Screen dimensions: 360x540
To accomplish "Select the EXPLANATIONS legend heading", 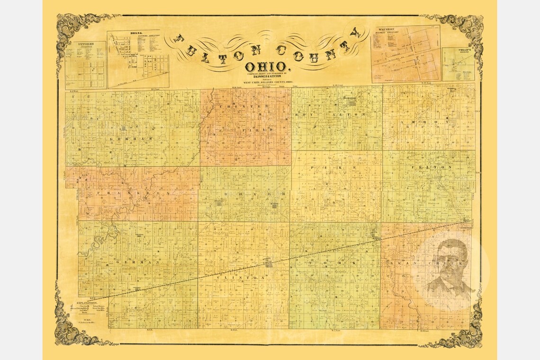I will (86, 302).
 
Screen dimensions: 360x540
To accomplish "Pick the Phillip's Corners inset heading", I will (458, 50).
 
